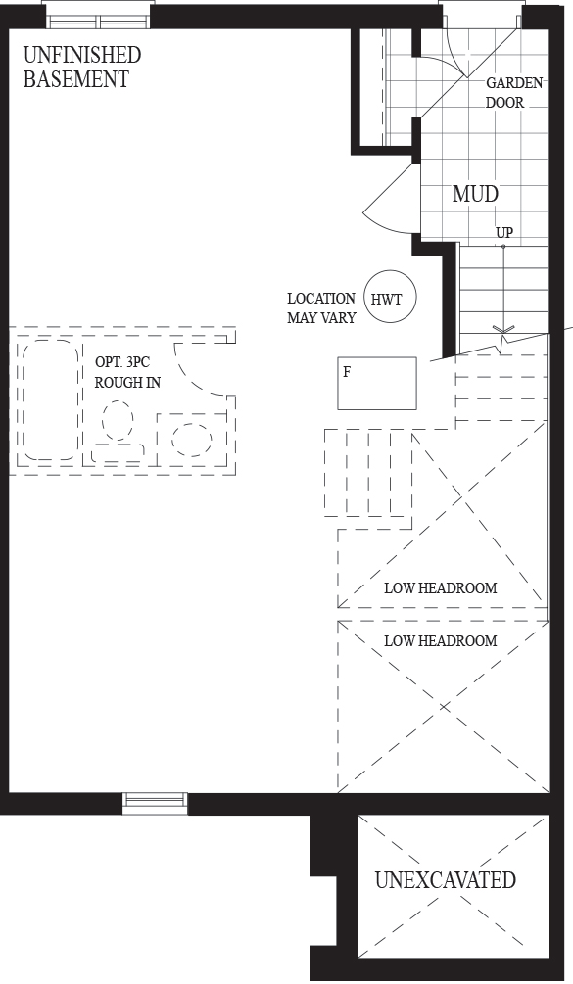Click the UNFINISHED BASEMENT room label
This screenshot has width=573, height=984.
pos(81,68)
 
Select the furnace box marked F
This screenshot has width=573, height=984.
pos(376,384)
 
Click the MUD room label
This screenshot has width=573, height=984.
pos(475,194)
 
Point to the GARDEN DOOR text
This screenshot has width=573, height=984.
pos(514,93)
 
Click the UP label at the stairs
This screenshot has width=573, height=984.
pos(504,233)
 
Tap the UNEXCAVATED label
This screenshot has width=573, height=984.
pos(445,880)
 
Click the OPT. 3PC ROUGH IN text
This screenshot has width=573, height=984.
pos(127,372)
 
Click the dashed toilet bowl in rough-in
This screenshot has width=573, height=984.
pos(118,421)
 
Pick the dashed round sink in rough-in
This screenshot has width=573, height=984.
pos(191,440)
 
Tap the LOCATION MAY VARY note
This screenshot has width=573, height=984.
pos(321,308)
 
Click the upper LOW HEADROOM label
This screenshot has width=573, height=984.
pos(441,588)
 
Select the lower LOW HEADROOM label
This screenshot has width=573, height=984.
pos(441,641)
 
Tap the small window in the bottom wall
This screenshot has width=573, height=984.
pos(155,803)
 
